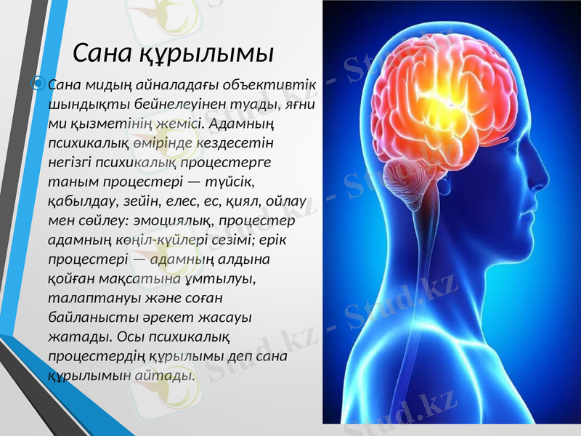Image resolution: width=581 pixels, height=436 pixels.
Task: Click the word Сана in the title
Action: pyautogui.click(x=104, y=52)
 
